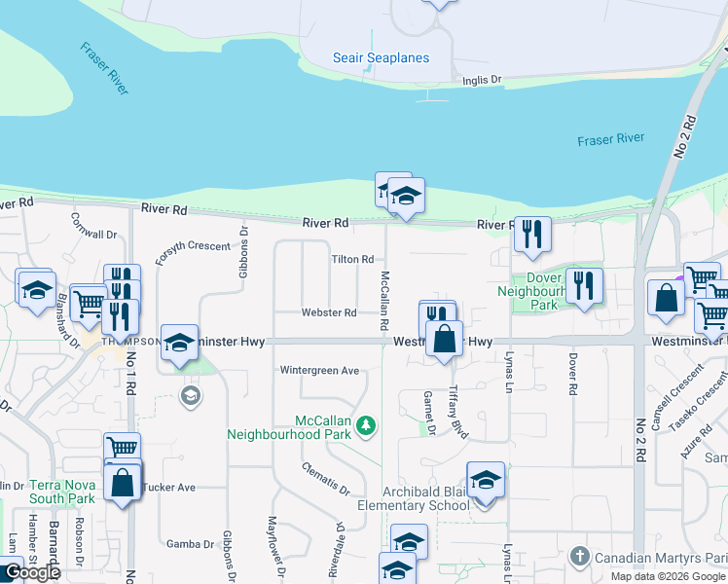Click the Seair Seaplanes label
coord(381,57)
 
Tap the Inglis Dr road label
coord(482,80)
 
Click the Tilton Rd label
coord(352,259)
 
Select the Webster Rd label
coord(328,312)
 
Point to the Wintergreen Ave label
coord(319,370)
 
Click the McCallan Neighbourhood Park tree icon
coord(366,424)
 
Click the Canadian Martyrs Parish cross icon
coord(579,556)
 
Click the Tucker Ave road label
coord(169,487)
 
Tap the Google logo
coord(31,572)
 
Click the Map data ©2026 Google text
coord(669,576)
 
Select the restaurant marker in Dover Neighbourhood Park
coord(584,284)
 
